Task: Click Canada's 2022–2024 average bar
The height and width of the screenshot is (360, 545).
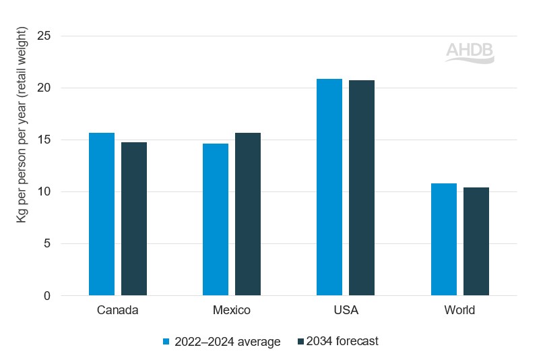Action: (102, 214)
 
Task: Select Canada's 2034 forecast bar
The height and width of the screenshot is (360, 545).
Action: (134, 219)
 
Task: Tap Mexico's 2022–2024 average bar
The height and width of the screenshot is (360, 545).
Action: (216, 220)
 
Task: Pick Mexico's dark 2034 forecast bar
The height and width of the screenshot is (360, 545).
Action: (248, 214)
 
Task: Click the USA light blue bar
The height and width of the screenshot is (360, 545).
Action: (329, 187)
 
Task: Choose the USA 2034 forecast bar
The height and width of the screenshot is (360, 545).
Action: (362, 188)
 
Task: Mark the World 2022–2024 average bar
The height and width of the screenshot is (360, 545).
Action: (444, 239)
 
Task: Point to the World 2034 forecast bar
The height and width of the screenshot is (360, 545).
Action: (476, 241)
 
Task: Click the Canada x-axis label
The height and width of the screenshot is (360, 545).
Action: (118, 311)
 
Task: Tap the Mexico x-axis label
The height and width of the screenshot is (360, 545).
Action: (232, 311)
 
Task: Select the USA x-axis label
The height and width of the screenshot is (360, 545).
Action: (346, 311)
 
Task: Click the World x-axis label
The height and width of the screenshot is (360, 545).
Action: (460, 311)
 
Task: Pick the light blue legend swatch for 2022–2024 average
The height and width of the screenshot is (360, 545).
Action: (167, 342)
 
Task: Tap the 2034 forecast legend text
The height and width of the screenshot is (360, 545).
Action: (343, 341)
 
